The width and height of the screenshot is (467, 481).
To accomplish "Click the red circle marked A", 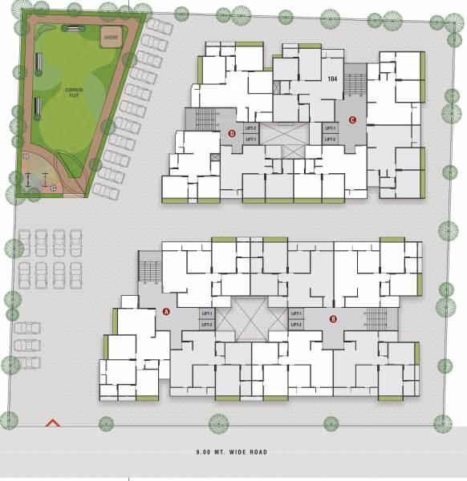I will click(166, 311).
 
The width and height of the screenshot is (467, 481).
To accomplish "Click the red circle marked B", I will click(333, 319).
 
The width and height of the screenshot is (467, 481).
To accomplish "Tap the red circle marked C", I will click(351, 121).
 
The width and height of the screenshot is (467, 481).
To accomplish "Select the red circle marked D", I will click(232, 134).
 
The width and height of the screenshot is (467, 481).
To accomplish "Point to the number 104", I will click(332, 79).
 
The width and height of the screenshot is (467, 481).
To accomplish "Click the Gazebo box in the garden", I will click(111, 37).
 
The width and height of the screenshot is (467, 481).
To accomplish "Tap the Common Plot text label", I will click(75, 93).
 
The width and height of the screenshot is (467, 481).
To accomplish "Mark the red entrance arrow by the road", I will click(53, 422).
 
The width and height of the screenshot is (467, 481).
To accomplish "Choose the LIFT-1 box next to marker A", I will click(207, 313).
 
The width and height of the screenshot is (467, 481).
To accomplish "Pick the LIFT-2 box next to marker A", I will click(207, 324).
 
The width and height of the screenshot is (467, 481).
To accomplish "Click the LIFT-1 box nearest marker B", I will click(296, 313).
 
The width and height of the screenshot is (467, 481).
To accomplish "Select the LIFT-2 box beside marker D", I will click(251, 127).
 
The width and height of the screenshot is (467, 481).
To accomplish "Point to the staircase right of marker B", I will click(376, 317).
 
